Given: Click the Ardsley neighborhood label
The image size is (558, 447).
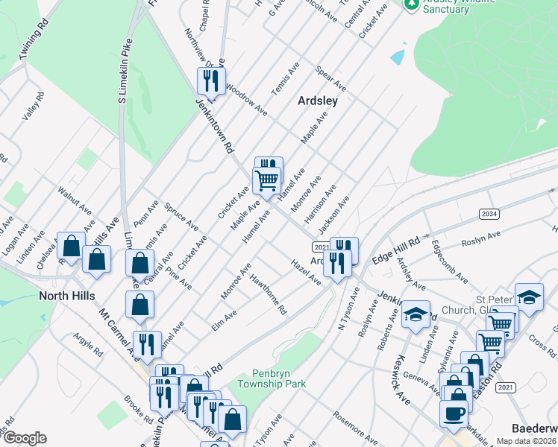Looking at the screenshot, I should (x=318, y=101).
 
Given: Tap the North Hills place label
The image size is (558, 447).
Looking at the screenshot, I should (x=67, y=296).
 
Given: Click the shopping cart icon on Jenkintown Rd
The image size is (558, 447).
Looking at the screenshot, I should (x=266, y=180).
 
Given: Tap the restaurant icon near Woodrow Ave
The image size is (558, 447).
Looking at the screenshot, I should (x=211, y=81).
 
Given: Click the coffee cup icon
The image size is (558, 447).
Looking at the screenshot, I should (x=454, y=413).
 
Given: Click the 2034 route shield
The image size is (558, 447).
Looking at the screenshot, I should (x=489, y=214).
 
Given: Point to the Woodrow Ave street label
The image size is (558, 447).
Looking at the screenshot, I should (x=247, y=99).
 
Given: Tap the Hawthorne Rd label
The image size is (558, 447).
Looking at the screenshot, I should (x=269, y=296).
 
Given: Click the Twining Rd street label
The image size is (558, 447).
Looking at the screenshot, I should (x=34, y=36).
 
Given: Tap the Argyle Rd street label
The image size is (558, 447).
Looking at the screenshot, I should (x=87, y=344).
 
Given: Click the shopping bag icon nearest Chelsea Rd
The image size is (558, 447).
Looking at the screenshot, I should (x=71, y=246).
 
